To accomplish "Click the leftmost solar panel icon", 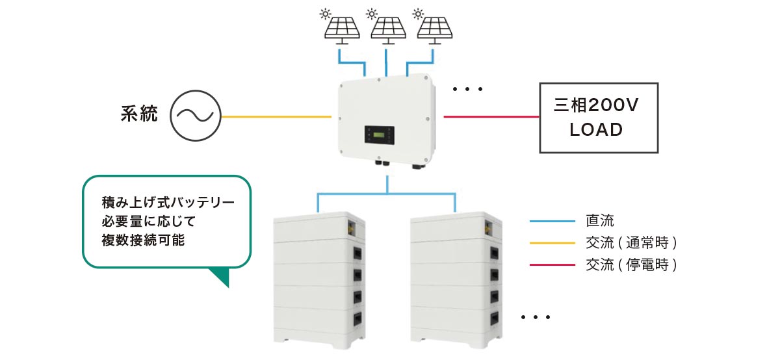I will [344, 28].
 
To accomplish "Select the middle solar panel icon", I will [389, 28].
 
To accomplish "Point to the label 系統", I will [139, 116].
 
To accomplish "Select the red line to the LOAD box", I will [491, 117].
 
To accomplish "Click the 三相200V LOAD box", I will [598, 118].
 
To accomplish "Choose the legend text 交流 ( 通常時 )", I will [631, 243].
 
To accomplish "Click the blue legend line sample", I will [552, 222].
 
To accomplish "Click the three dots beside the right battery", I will [536, 318].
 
